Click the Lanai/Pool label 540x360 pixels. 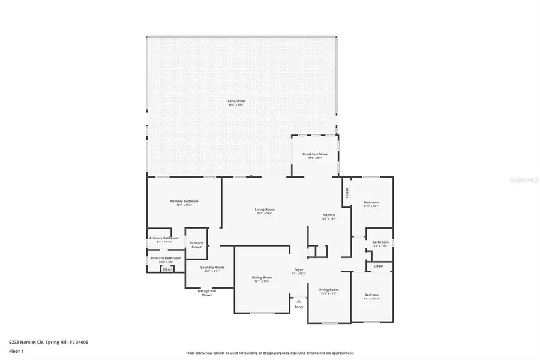point(236,101)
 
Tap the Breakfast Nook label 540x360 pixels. point(314,154)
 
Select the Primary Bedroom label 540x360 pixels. point(184,202)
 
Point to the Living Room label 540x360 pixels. point(264,209)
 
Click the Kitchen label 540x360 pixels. point(329,215)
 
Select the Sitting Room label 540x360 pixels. point(329,290)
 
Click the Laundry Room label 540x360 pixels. point(212,267)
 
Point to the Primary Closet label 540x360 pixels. point(196,245)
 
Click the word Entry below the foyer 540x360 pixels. point(299,307)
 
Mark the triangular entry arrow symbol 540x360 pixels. point(299,299)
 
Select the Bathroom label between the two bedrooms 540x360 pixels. point(380,242)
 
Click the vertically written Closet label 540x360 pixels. point(347,193)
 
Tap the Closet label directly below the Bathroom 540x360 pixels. point(379,266)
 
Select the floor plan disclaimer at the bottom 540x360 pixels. point(269,353)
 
